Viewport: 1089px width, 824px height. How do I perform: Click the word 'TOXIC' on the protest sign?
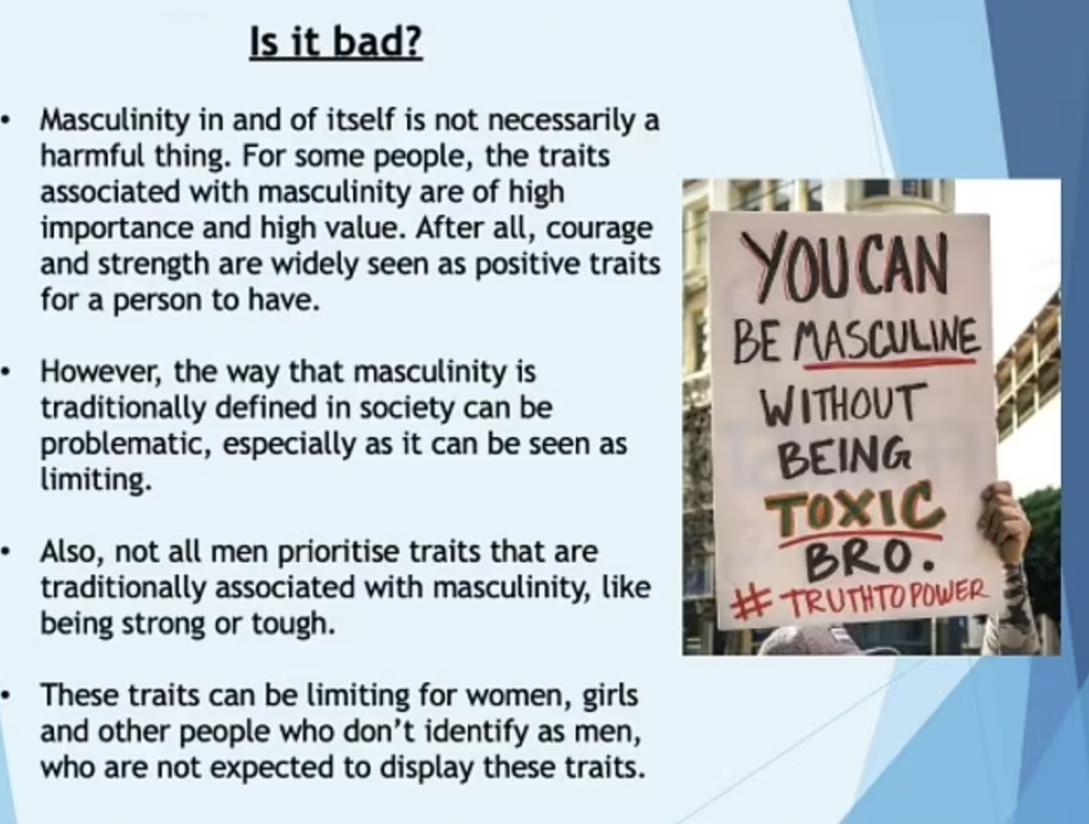[854, 510]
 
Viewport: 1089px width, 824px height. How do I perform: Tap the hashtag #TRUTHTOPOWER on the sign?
[858, 601]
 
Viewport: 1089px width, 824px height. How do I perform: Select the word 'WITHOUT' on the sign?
[844, 404]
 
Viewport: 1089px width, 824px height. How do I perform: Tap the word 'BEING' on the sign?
[844, 456]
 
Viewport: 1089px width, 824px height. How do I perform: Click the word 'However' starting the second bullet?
[101, 371]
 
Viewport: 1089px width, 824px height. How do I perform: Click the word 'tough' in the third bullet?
[294, 625]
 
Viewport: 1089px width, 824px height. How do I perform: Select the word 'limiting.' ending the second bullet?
[96, 480]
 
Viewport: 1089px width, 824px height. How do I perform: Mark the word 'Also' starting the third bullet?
[72, 551]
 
